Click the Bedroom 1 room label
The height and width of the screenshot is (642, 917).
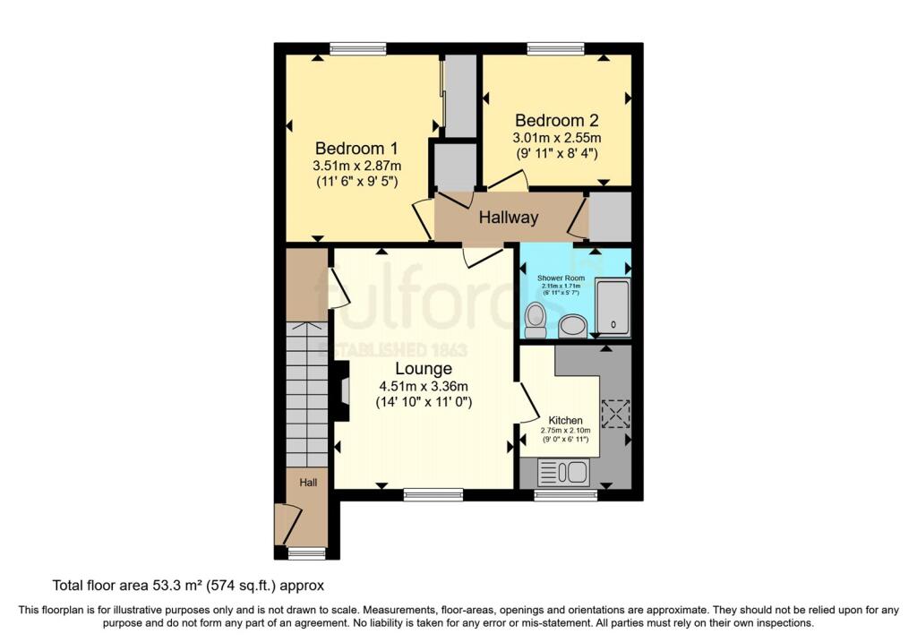click(356, 149)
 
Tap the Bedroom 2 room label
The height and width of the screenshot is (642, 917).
click(556, 120)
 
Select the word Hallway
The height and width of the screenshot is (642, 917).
click(509, 218)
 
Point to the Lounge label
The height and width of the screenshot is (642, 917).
click(424, 369)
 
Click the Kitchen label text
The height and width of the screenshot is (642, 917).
click(566, 420)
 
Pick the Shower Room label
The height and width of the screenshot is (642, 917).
click(560, 278)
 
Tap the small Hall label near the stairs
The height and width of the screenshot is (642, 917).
click(308, 483)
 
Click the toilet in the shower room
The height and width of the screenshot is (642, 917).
click(536, 318)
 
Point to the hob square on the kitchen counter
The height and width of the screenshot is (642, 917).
click(615, 414)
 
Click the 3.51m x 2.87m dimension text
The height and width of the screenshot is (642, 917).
click(356, 167)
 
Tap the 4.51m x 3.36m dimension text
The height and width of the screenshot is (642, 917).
click(424, 387)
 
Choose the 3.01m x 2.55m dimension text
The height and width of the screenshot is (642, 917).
click(556, 138)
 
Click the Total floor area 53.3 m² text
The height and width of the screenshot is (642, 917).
click(188, 586)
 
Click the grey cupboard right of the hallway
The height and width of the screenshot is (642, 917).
click(610, 216)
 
